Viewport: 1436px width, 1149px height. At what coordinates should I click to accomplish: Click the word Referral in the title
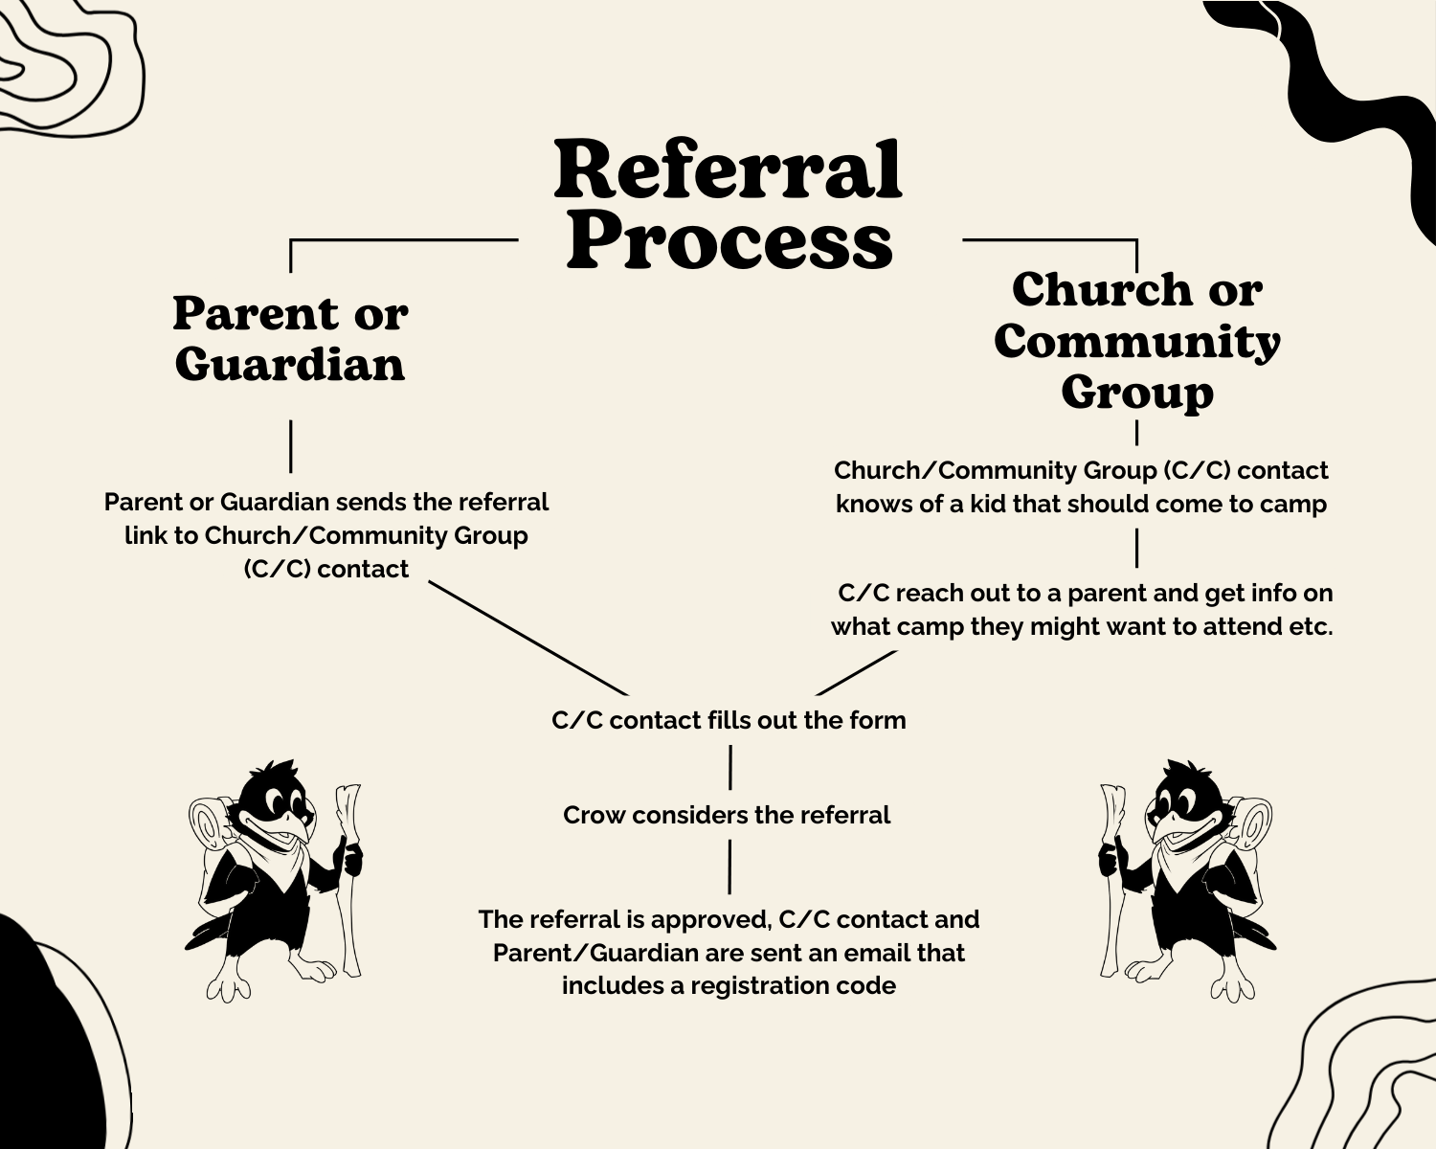[x=728, y=170]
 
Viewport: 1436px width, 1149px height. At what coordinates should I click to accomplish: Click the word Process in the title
[x=729, y=241]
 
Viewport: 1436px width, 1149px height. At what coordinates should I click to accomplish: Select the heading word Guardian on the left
[x=290, y=365]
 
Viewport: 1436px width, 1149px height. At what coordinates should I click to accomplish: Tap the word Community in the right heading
[x=1136, y=342]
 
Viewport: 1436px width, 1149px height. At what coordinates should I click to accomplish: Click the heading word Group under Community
[x=1136, y=393]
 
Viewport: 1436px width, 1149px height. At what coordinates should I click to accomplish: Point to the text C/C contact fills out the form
[x=729, y=720]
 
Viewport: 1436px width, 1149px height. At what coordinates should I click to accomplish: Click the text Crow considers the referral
[x=727, y=815]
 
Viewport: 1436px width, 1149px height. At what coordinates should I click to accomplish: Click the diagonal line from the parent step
[x=527, y=638]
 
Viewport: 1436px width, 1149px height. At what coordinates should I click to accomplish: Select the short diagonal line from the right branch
[x=856, y=672]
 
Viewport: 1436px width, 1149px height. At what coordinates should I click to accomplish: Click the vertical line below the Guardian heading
[x=290, y=446]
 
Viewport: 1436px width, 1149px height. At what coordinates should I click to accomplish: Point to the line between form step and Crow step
[x=729, y=767]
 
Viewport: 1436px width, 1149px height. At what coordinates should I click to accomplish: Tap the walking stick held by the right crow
[x=1111, y=881]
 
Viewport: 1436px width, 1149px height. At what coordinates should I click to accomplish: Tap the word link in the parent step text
[x=146, y=535]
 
